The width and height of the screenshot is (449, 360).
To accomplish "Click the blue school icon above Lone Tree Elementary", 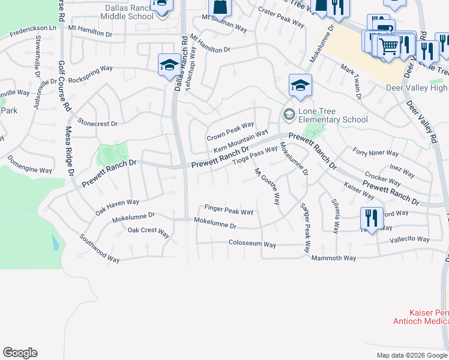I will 300,85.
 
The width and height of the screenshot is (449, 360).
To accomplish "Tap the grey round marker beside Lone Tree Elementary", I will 289,114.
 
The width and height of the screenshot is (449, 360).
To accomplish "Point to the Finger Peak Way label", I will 229,212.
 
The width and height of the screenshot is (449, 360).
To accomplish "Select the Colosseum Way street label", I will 252,244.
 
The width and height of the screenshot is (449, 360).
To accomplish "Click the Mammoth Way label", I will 334,258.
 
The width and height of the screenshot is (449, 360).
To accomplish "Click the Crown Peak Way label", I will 231,133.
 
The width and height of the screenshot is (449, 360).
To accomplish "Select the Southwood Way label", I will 99,248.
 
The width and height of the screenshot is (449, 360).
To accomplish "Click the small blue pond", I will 55,242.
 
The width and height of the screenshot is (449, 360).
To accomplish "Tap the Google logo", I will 20,353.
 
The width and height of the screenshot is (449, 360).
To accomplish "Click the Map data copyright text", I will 411,355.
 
